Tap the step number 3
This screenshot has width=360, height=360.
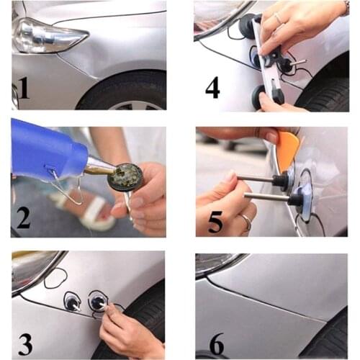click(25, 344)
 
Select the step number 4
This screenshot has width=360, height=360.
click(212, 87)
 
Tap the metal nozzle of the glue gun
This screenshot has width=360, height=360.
click(100, 166)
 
